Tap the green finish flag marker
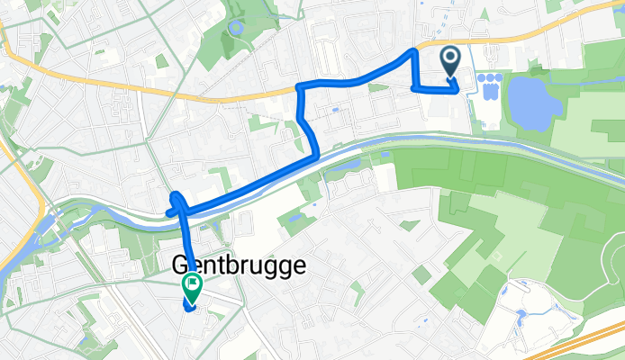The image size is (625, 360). pos(192,287)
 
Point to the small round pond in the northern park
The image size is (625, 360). pos(237,28)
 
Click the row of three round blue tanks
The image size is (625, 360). pos(491,80)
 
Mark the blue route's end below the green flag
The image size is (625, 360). pos(190,308)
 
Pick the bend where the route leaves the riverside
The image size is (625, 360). pos(315,156)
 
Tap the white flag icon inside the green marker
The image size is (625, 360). pos(192,285)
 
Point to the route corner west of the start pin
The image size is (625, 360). pos(413,88)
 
